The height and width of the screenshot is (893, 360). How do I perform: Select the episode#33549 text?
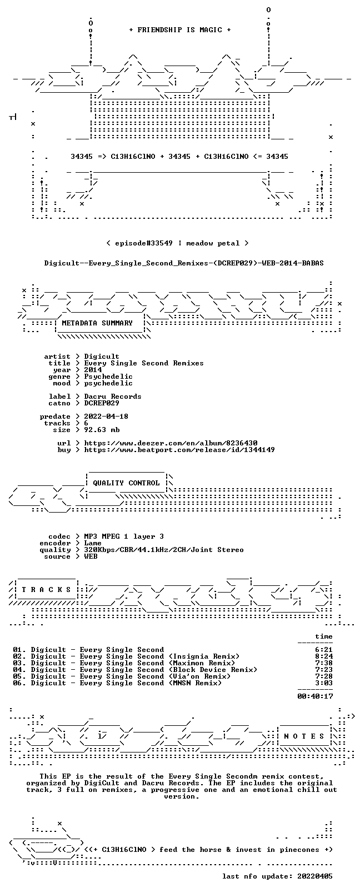click(x=143, y=243)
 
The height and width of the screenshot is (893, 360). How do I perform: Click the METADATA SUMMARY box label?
click(x=97, y=323)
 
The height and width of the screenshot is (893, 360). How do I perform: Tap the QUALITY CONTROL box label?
click(x=126, y=483)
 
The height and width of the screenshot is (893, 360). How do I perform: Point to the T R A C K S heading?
click(x=46, y=590)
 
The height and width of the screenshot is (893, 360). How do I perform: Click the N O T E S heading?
click(x=304, y=736)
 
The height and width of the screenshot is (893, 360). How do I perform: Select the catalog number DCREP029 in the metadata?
click(x=102, y=403)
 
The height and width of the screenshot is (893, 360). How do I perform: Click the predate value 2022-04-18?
click(x=106, y=416)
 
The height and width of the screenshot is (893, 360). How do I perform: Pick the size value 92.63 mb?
click(x=102, y=430)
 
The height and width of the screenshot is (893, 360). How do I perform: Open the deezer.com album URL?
click(x=171, y=443)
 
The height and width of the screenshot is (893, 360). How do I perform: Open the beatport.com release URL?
click(x=179, y=450)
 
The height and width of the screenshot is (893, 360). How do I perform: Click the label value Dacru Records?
click(x=113, y=397)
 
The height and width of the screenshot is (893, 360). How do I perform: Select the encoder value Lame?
click(x=93, y=543)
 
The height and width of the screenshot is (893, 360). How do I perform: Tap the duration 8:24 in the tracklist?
click(x=324, y=656)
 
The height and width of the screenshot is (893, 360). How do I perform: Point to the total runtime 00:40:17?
click(x=315, y=696)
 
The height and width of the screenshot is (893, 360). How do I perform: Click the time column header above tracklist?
click(x=324, y=636)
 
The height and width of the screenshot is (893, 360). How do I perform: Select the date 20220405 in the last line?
click(x=315, y=876)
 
